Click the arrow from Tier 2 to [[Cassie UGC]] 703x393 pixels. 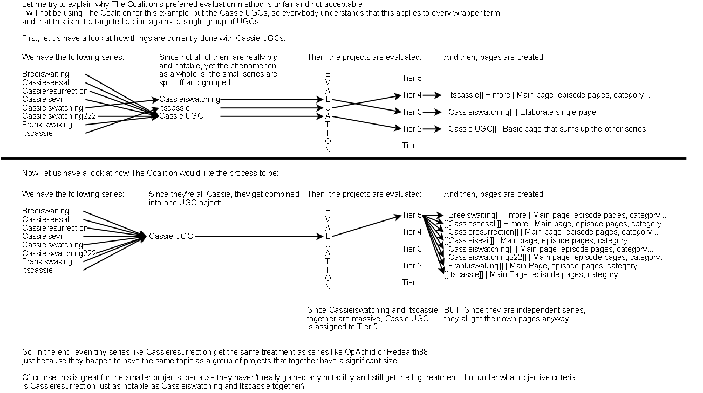433,129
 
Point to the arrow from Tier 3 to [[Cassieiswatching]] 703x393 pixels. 433,112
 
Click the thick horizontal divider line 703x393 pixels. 343,158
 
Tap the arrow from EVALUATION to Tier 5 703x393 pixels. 367,226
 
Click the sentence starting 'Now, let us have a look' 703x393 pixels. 150,173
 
